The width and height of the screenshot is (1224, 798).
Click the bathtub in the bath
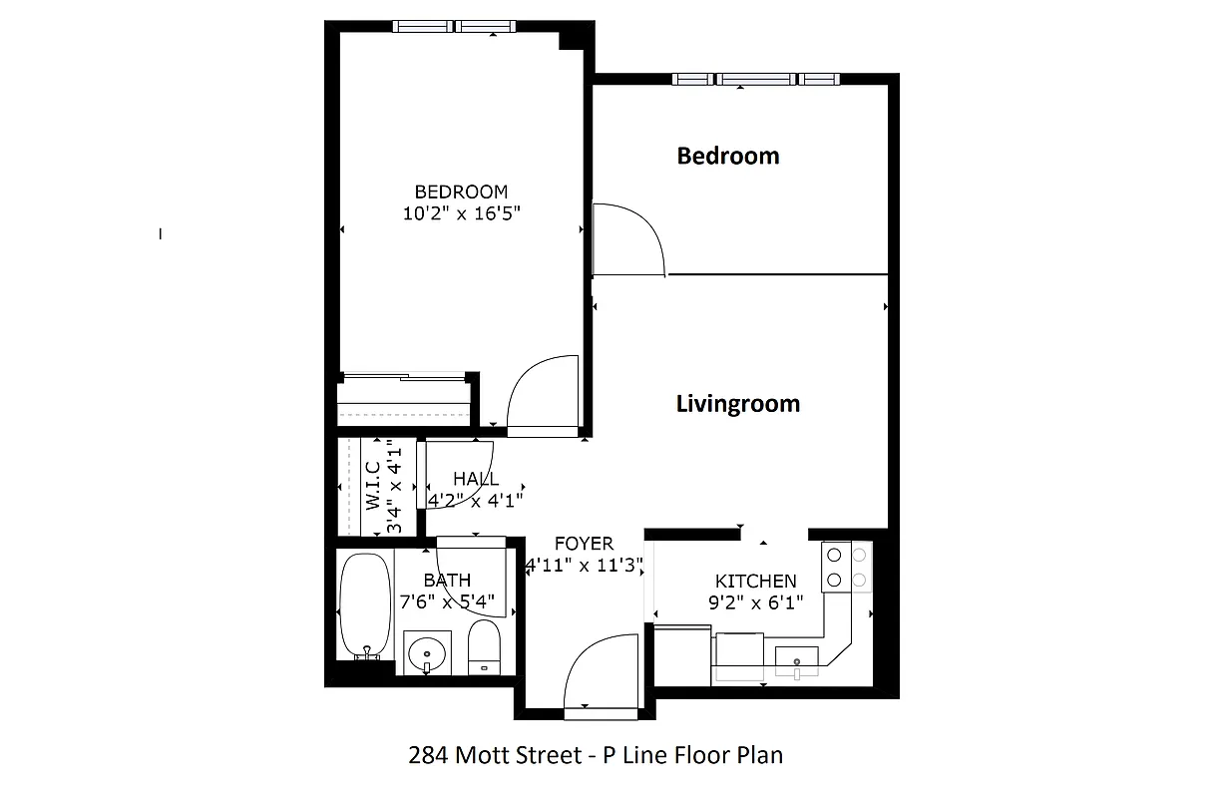pyautogui.click(x=362, y=606)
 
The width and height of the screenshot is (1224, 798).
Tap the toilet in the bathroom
pyautogui.click(x=485, y=646)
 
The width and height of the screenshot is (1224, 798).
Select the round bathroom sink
pyautogui.click(x=428, y=652)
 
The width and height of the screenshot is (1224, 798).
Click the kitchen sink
pyautogui.click(x=797, y=660)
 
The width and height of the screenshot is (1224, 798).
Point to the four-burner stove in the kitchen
pyautogui.click(x=846, y=567)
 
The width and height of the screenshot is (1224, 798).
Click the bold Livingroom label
pyautogui.click(x=738, y=404)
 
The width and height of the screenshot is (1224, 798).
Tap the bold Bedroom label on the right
pyautogui.click(x=728, y=156)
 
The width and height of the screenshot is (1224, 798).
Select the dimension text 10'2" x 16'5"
pyautogui.click(x=462, y=212)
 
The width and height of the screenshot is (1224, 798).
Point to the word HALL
pyautogui.click(x=476, y=479)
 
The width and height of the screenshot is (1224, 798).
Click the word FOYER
pyautogui.click(x=585, y=544)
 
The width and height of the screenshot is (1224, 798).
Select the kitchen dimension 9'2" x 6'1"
pyautogui.click(x=756, y=602)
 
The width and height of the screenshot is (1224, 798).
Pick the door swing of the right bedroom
pyautogui.click(x=628, y=240)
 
